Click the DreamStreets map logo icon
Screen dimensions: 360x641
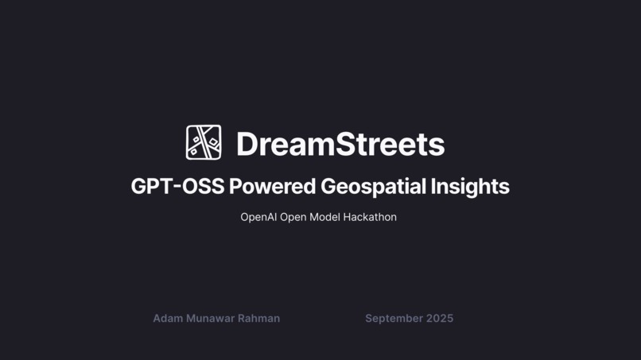204,143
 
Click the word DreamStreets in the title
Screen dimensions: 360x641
340,145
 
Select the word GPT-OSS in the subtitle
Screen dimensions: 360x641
177,187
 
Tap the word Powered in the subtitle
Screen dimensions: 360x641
273,187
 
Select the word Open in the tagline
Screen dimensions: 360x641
293,217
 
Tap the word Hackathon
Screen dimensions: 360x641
370,217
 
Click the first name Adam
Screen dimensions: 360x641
168,319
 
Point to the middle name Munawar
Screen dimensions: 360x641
210,319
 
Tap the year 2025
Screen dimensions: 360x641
440,319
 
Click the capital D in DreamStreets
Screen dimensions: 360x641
247,145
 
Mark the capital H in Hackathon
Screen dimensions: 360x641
348,217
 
